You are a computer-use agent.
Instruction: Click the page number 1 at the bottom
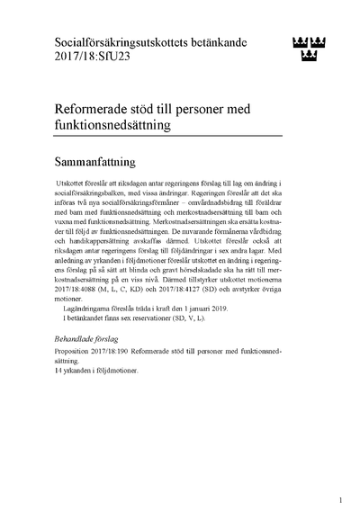pyautogui.click(x=341, y=499)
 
